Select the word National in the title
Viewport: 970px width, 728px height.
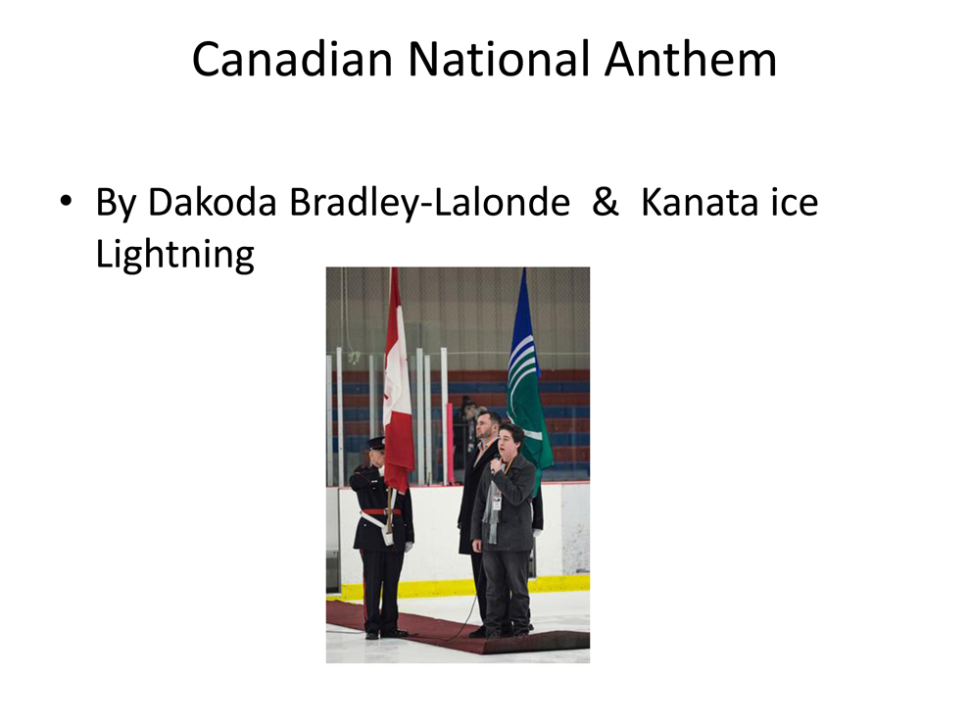point(499,60)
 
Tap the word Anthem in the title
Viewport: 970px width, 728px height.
point(691,60)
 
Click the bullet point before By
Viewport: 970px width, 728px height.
point(66,201)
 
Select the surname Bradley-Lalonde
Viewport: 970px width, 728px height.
point(430,203)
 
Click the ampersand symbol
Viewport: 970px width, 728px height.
point(605,202)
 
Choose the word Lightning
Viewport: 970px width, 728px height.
point(175,255)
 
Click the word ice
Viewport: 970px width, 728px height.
point(795,202)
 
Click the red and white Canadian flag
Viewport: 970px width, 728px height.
point(398,380)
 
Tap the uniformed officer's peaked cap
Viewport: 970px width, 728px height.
point(375,443)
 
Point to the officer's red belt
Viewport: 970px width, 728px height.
point(380,512)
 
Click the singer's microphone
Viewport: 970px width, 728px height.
point(496,463)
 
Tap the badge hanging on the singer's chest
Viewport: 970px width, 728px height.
point(497,503)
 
